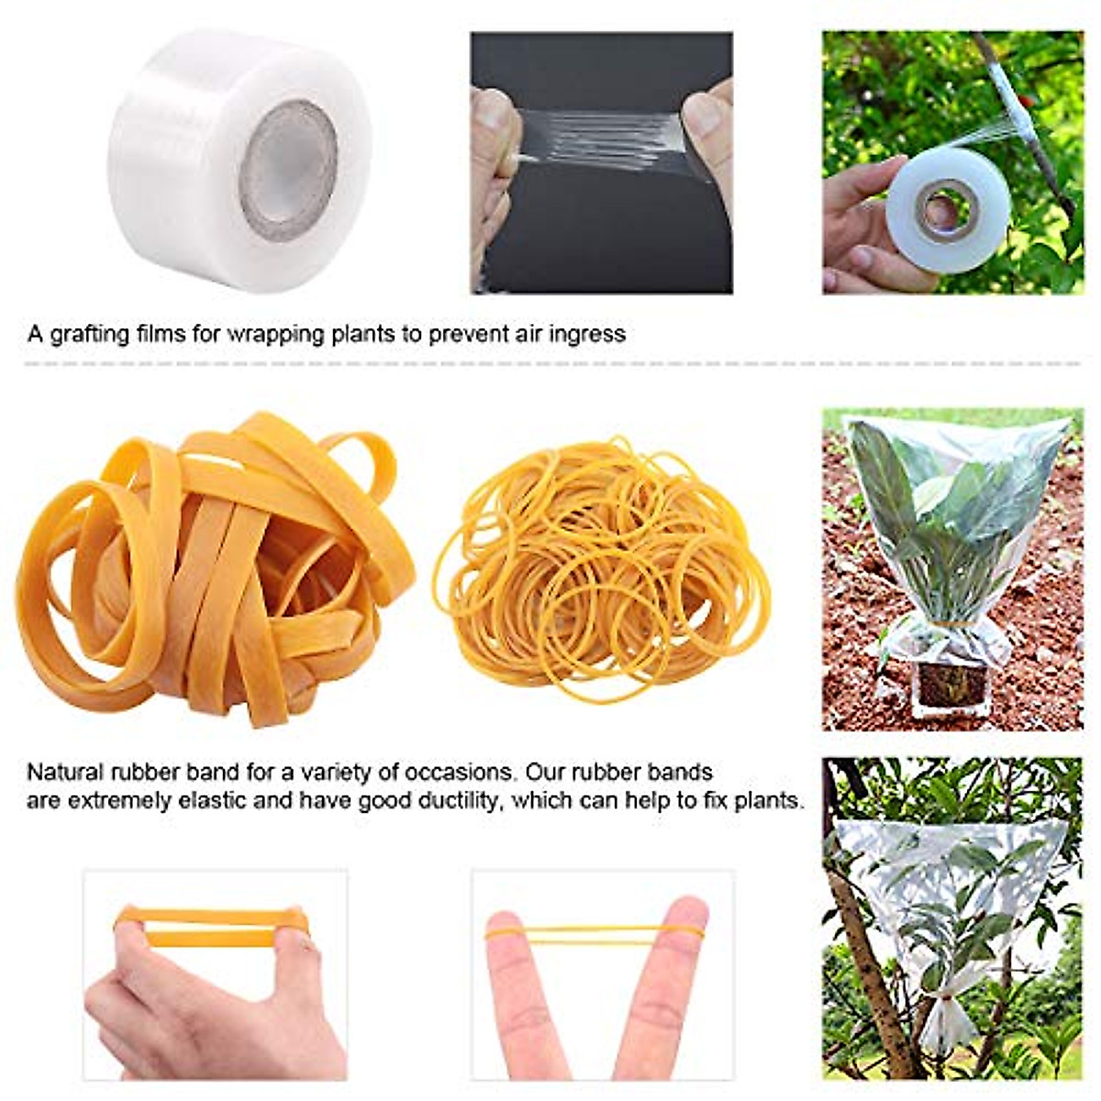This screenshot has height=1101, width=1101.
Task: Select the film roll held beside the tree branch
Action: (954, 211)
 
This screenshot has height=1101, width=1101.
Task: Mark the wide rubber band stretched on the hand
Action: (211, 927)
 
